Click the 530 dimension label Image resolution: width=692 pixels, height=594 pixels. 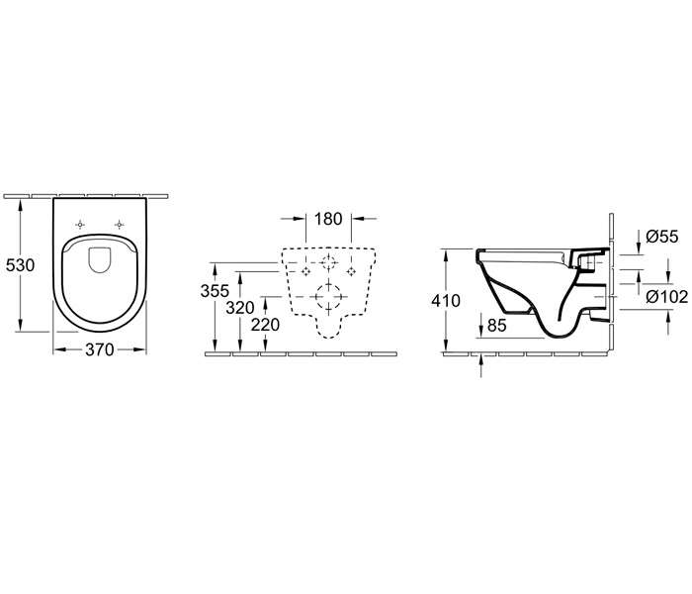pos(21,265)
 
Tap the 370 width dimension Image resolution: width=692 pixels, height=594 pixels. pos(100,350)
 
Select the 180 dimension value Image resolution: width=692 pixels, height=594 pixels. pos(329,219)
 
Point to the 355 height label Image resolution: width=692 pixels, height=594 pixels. pos(215,291)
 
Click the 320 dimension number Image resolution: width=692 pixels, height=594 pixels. pos(240,308)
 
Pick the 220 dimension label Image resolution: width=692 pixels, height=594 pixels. pos(265,325)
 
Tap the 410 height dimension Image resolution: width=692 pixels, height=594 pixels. pos(446,301)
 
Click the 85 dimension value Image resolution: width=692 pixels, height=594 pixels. pos(496,326)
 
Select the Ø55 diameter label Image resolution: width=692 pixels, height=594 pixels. pos(662,237)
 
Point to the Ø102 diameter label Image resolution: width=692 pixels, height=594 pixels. pos(667,297)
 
